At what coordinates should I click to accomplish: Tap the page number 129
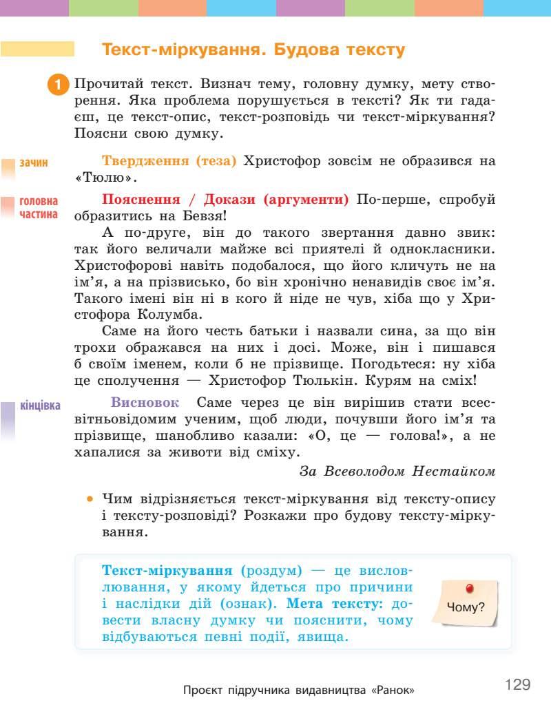pyautogui.click(x=517, y=684)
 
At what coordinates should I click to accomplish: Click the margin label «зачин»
pyautogui.click(x=34, y=163)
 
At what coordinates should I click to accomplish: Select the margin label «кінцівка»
pyautogui.click(x=41, y=405)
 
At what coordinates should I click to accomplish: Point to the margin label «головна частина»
pyautogui.click(x=39, y=208)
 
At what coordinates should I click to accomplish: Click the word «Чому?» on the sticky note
pyautogui.click(x=466, y=607)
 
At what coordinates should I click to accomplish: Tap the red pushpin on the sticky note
pyautogui.click(x=470, y=589)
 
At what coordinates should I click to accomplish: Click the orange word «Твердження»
pyautogui.click(x=145, y=161)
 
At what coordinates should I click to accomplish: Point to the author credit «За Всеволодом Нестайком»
pyautogui.click(x=397, y=472)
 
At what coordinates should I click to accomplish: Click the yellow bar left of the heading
pyautogui.click(x=38, y=50)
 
